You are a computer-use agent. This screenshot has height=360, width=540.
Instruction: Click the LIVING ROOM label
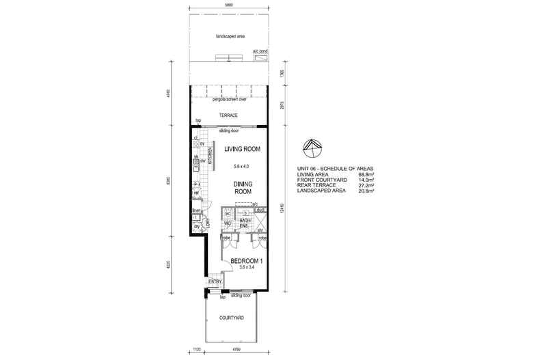click(239, 149)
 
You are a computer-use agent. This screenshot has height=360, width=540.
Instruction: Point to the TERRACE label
click(228, 115)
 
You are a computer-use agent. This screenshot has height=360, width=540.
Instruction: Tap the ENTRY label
click(215, 281)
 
